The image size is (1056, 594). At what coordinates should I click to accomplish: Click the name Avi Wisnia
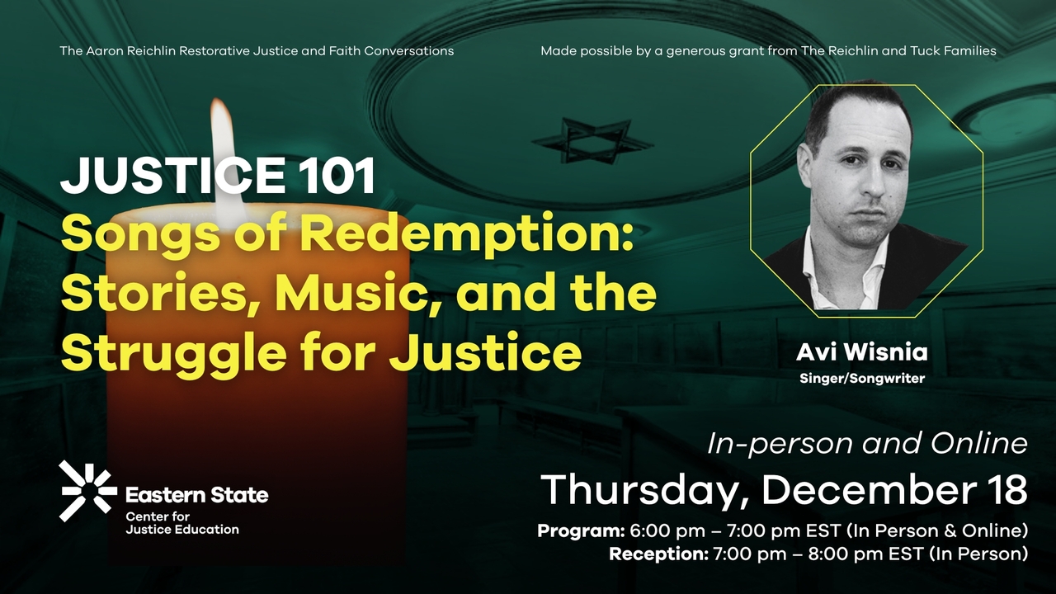pos(861,353)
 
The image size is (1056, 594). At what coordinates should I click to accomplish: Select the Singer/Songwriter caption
pos(861,379)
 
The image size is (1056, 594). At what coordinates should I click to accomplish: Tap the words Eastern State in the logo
pos(196,495)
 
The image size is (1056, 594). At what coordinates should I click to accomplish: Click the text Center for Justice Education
pos(181,523)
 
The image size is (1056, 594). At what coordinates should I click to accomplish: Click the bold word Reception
pos(658,554)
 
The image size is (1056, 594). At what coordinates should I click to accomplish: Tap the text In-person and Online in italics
pos(867,444)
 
